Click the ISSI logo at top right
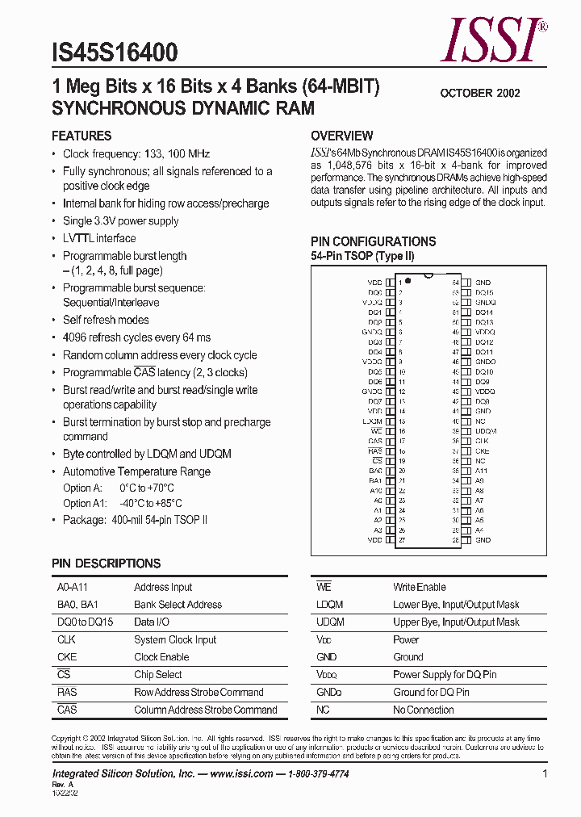tap(492, 40)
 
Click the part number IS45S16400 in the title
tap(115, 53)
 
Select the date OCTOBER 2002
tap(479, 93)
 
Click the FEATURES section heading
tap(82, 136)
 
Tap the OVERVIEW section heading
tap(342, 136)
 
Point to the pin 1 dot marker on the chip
tap(408, 281)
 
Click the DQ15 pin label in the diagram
tap(484, 292)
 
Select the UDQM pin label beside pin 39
tap(486, 431)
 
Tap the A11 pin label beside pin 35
tap(481, 471)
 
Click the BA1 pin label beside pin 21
tap(375, 480)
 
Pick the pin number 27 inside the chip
tap(401, 539)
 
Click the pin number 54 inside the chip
tap(456, 283)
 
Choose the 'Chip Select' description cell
tap(158, 675)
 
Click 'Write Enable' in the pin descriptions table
tap(420, 587)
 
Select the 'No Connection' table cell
tap(424, 710)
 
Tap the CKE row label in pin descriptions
tap(67, 657)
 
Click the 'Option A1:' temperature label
tap(85, 503)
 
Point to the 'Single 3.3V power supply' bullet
tap(121, 220)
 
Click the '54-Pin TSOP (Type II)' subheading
tap(362, 256)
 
